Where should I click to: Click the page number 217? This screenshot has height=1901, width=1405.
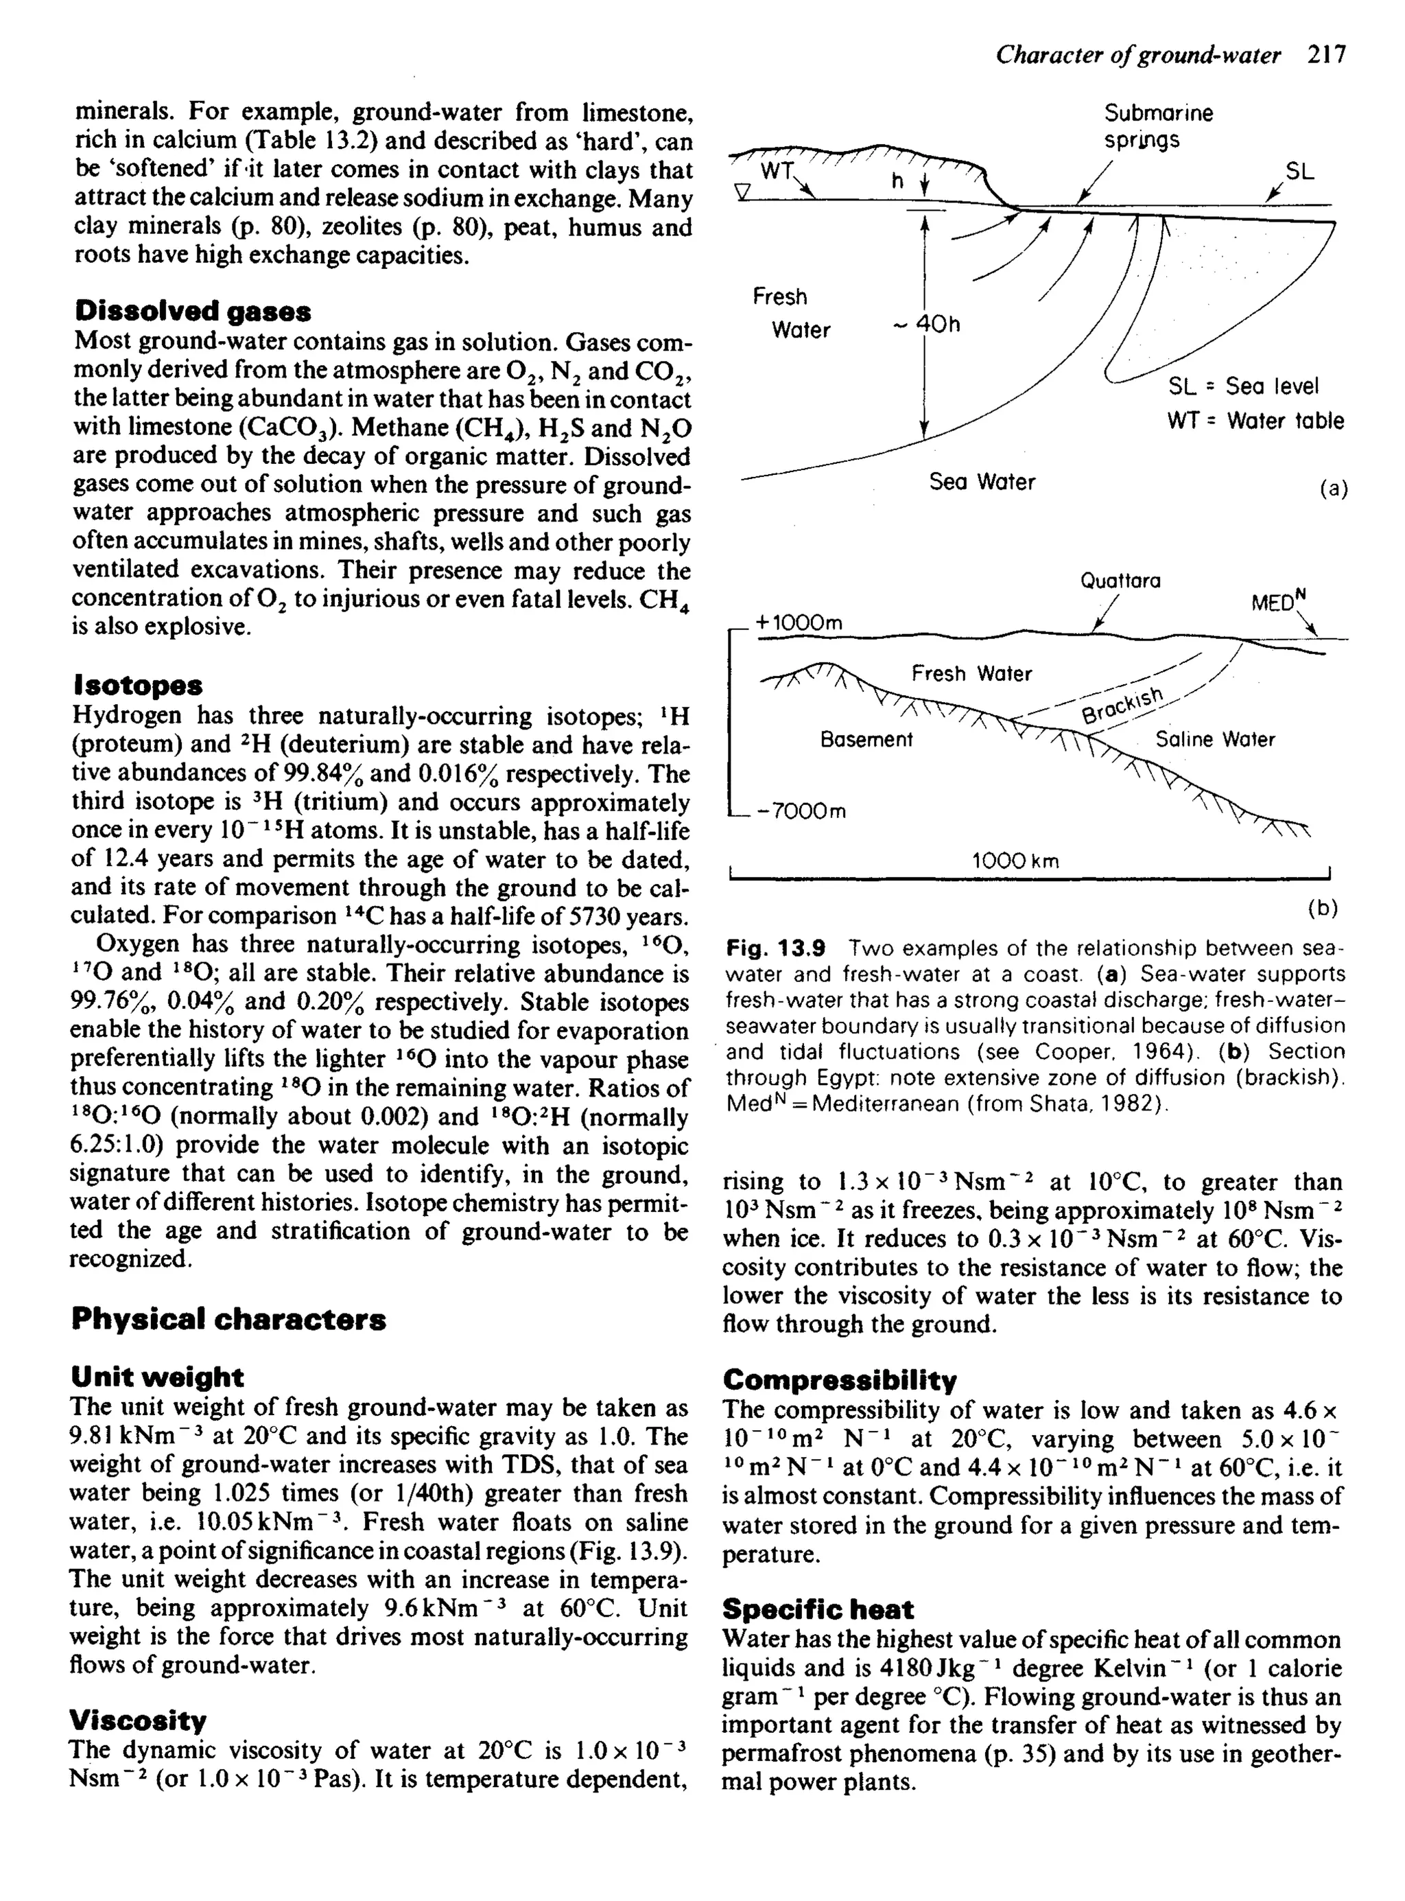[1326, 56]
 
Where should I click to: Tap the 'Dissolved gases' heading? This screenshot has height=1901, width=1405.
[192, 312]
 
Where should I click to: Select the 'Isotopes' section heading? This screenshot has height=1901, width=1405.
[137, 685]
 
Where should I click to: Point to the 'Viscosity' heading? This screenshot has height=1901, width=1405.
[138, 1721]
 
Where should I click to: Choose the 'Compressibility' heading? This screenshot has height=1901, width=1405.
[840, 1379]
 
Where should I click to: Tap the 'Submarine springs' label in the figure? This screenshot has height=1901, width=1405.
[1157, 126]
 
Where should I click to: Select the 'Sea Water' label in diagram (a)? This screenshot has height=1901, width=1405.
[982, 482]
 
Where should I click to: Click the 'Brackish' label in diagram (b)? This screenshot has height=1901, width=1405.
[1122, 703]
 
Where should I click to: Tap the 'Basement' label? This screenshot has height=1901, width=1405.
[866, 740]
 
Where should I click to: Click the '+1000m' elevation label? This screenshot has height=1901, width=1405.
[798, 622]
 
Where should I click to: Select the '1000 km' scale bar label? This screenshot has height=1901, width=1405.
[1015, 861]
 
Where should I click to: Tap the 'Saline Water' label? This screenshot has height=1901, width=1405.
[1214, 740]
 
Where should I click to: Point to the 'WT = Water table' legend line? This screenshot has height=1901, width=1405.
[1255, 421]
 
